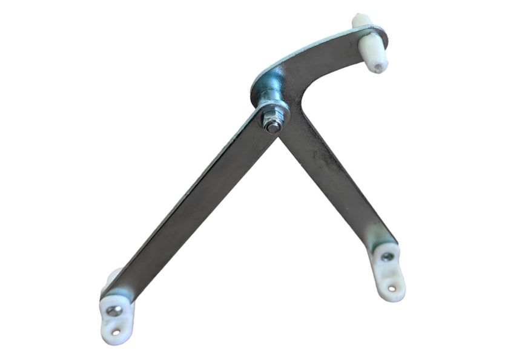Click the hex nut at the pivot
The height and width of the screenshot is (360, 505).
tap(272, 117)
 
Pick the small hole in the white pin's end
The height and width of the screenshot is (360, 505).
tap(378, 64)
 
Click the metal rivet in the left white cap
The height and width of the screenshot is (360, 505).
tap(113, 311)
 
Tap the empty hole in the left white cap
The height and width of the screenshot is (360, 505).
tap(116, 332)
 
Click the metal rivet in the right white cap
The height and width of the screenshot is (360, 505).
tap(387, 257)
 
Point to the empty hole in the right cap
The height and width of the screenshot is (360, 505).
tap(392, 288)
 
